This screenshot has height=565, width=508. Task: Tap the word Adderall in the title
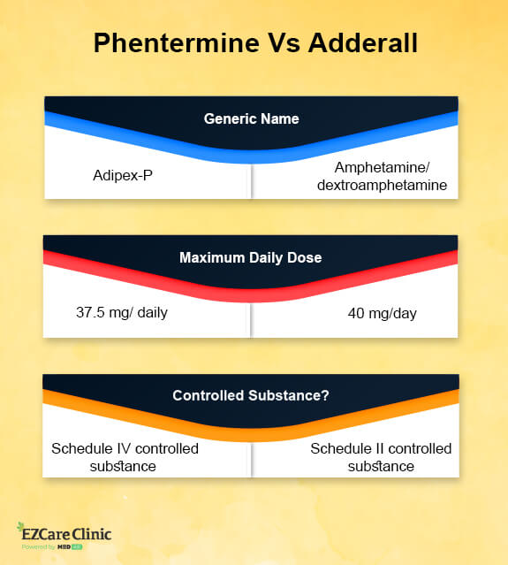358,44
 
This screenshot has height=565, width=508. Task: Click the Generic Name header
252,118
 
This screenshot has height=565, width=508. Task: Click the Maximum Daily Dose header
252,258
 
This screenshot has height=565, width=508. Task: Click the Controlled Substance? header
252,396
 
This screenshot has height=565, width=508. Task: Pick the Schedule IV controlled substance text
125,457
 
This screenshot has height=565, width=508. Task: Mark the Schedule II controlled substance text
381,457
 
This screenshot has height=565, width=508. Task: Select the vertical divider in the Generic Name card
252,181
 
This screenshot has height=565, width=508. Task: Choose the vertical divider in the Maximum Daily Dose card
252,318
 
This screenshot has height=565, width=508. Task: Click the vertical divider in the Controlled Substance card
252,458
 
